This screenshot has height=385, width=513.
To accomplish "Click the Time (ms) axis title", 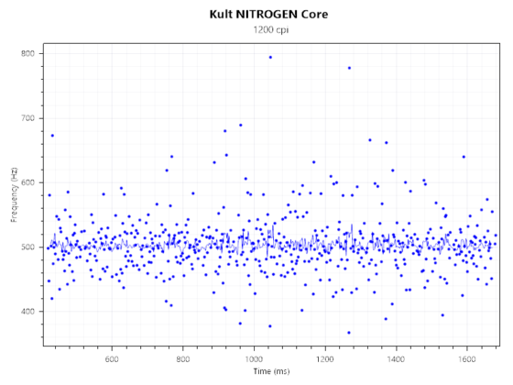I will tap(271, 371).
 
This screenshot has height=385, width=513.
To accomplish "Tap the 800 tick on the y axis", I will tap(28, 54).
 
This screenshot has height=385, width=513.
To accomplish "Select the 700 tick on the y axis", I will tap(28, 118).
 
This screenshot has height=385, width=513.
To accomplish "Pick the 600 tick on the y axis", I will tap(28, 182).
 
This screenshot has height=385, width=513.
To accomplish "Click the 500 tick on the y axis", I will tap(28, 247).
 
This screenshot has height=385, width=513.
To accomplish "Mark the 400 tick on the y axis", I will tap(28, 312).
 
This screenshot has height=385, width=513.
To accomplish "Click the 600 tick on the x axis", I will tap(112, 357).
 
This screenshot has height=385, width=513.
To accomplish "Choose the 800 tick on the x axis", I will tap(183, 357).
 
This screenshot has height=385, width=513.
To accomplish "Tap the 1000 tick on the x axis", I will tap(254, 357).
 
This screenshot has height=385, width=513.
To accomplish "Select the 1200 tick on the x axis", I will tap(324, 357).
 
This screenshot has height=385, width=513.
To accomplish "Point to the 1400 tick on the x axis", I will tap(396, 357).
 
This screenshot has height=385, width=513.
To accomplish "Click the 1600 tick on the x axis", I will tap(466, 357).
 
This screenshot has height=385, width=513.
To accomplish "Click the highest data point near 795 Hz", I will tap(269, 57).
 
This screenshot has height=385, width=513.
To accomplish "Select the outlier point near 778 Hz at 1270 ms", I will tap(349, 68).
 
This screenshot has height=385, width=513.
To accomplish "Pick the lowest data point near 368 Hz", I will tap(349, 333).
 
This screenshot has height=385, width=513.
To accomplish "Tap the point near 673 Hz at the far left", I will tap(52, 136).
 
